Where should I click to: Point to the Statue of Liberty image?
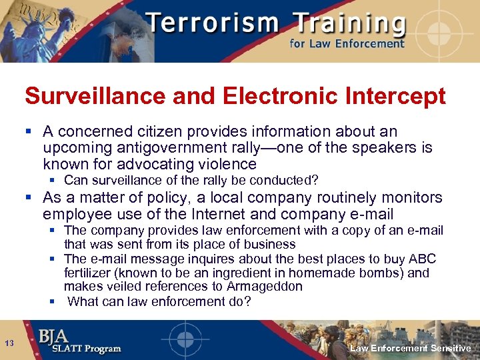27,30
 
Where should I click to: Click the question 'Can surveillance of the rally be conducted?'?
191,181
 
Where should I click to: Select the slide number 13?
10,343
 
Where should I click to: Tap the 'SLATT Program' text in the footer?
81,349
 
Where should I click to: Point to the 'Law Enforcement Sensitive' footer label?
411,349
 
